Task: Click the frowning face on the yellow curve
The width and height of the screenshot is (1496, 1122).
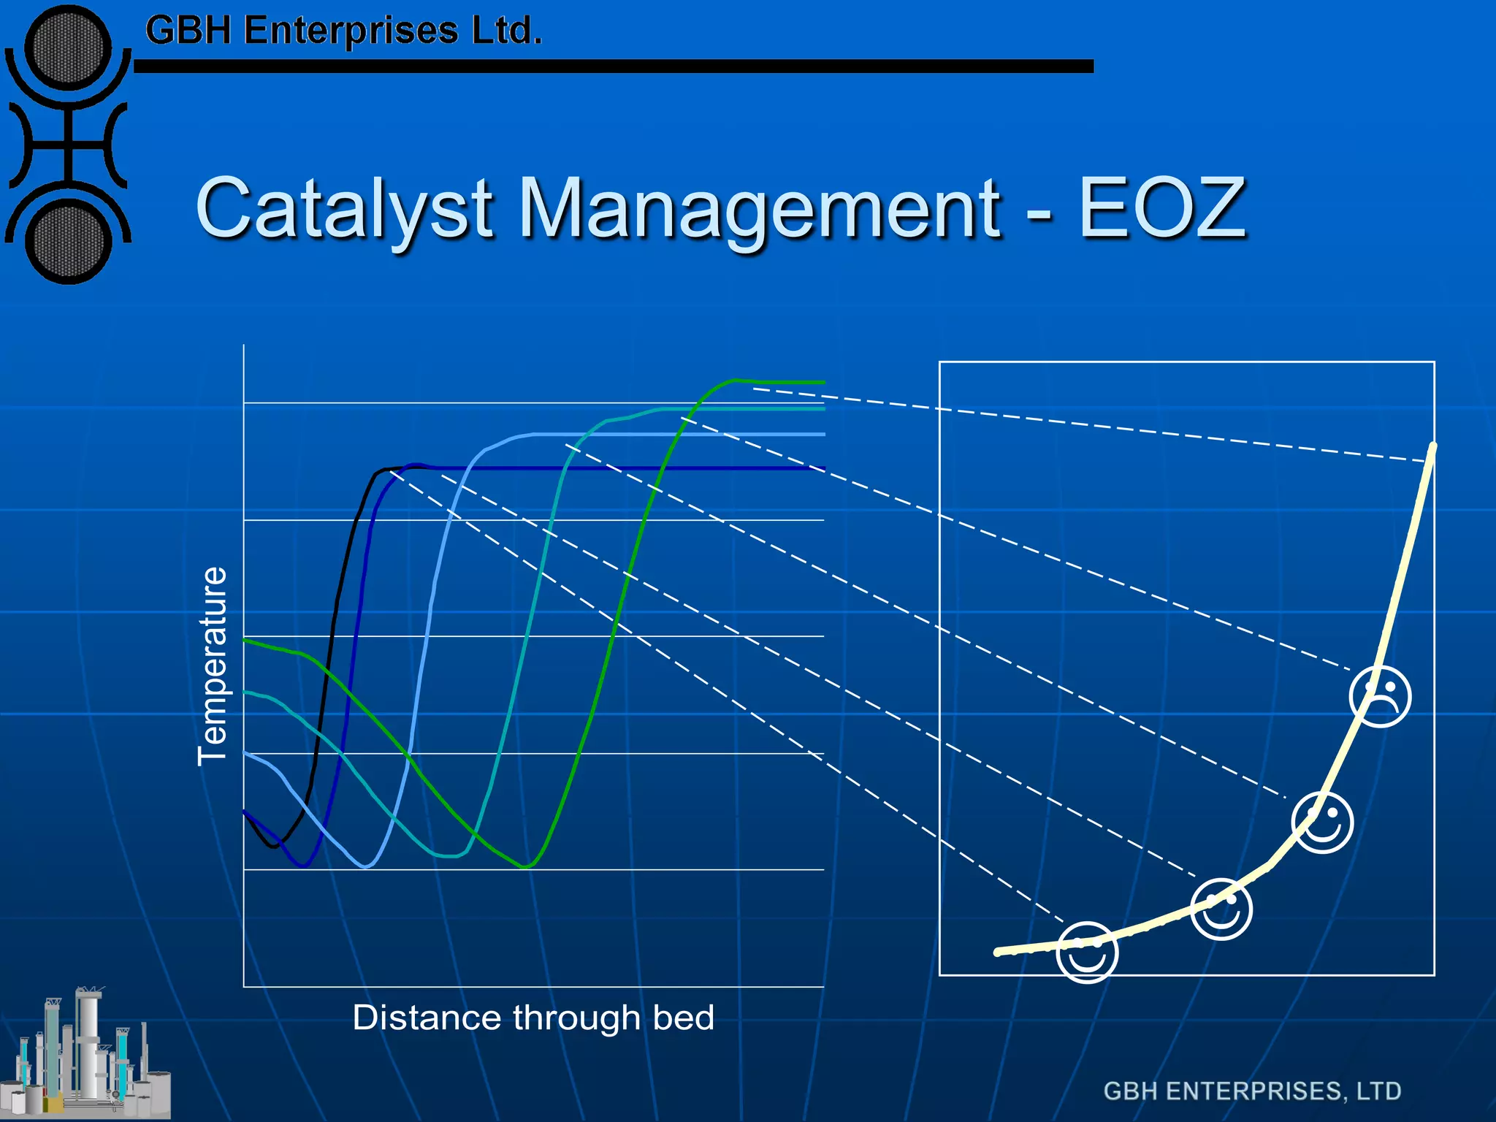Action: (x=1380, y=696)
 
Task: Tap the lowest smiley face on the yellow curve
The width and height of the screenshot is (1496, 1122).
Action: (x=1088, y=953)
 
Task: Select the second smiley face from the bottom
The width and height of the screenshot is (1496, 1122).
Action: (x=1221, y=909)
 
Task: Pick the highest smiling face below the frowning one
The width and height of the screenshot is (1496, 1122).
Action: (x=1322, y=823)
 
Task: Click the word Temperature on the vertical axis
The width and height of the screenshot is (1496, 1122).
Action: (x=213, y=665)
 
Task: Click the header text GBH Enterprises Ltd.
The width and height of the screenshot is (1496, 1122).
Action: (x=343, y=31)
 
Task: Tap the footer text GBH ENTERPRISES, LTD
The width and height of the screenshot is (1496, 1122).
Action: (x=1252, y=1091)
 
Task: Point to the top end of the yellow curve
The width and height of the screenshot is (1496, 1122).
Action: (x=1432, y=446)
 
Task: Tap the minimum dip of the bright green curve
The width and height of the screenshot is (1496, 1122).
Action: (x=527, y=867)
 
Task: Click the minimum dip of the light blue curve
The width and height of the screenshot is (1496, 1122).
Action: (x=367, y=867)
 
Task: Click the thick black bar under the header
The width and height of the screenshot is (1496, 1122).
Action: (x=614, y=66)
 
